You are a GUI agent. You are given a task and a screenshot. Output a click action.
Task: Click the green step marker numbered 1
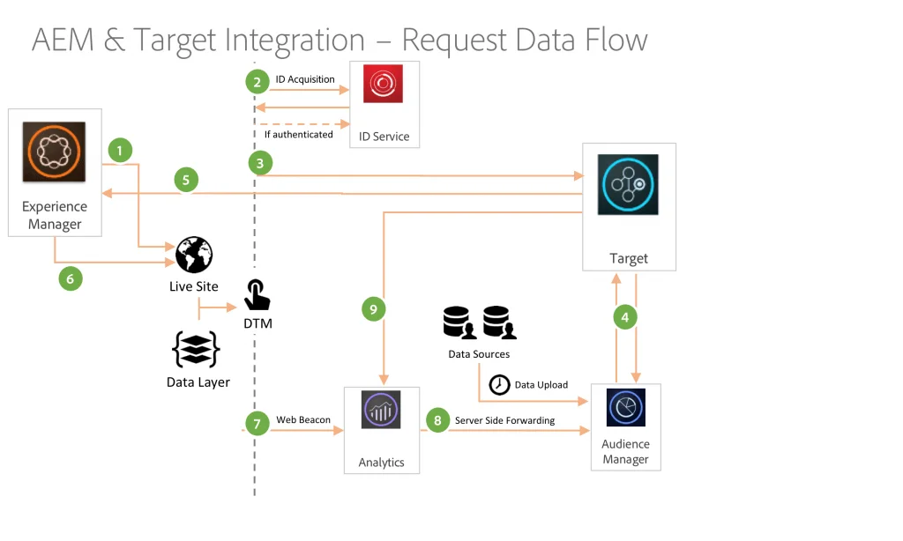tap(119, 151)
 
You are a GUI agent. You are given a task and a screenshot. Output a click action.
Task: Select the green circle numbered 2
tap(257, 82)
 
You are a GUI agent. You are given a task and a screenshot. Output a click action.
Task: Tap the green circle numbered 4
tap(625, 316)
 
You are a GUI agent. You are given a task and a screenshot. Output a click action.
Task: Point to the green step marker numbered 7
tap(257, 424)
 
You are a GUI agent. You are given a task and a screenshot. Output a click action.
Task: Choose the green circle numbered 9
tap(374, 309)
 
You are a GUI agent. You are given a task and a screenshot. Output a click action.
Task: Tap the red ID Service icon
tap(383, 90)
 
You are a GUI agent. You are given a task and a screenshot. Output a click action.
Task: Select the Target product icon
tap(628, 184)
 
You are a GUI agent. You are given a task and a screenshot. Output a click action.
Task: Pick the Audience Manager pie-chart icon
tap(625, 408)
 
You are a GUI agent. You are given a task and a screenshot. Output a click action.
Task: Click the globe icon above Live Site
tap(193, 255)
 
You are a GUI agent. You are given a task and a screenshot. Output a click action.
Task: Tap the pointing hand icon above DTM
tap(257, 295)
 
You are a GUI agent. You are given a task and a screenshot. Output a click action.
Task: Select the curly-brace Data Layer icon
tap(196, 350)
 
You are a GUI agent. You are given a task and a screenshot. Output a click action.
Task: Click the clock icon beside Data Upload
tap(499, 384)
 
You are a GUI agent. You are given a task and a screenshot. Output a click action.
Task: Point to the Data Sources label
tap(479, 353)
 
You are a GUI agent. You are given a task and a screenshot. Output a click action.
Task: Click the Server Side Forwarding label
tap(504, 420)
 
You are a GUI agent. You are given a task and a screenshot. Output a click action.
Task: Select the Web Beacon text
tap(303, 419)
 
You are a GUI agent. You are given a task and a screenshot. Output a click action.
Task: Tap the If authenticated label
tap(298, 134)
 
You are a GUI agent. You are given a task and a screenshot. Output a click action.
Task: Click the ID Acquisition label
tap(305, 79)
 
